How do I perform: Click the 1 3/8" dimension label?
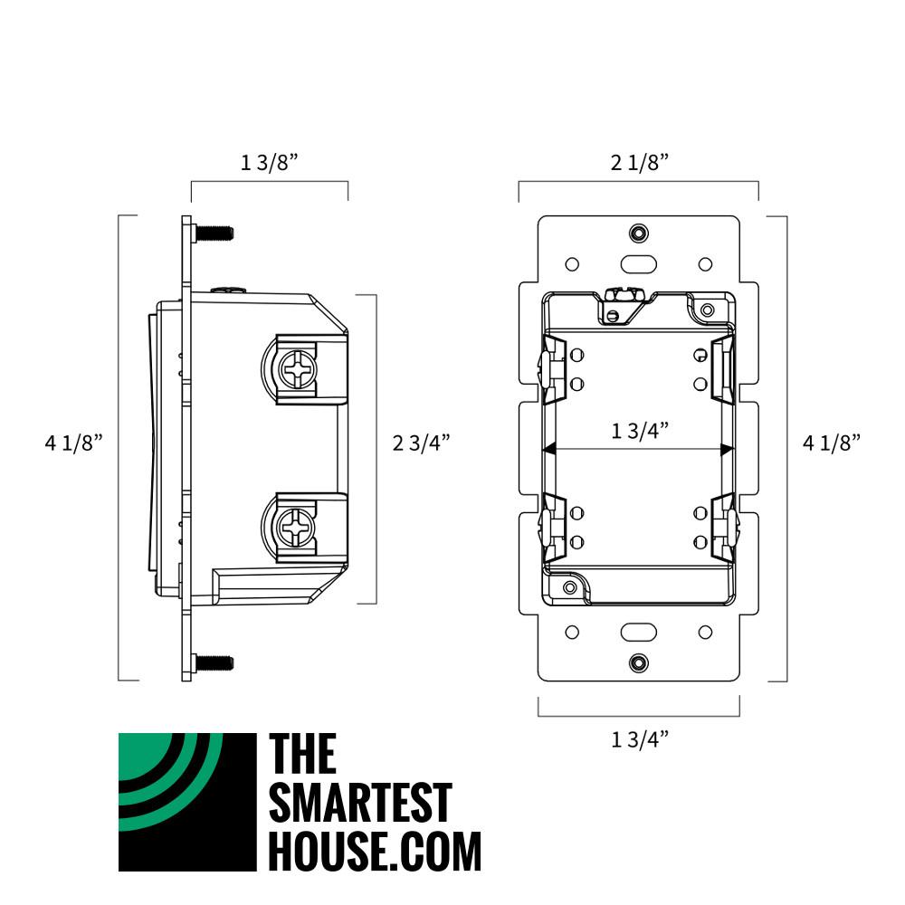(269, 162)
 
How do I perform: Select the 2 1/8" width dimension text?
(639, 162)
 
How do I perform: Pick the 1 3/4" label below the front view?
(639, 739)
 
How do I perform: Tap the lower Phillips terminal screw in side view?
(295, 523)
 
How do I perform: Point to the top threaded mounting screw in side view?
(214, 233)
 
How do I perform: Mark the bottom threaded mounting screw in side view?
(214, 662)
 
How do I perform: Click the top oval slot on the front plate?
(639, 264)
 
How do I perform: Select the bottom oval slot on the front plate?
(639, 632)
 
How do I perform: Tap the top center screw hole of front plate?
(639, 233)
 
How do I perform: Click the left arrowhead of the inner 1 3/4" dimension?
(548, 448)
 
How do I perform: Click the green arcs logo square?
(187, 802)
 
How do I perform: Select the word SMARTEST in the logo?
(360, 802)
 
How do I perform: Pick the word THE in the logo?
(303, 754)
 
